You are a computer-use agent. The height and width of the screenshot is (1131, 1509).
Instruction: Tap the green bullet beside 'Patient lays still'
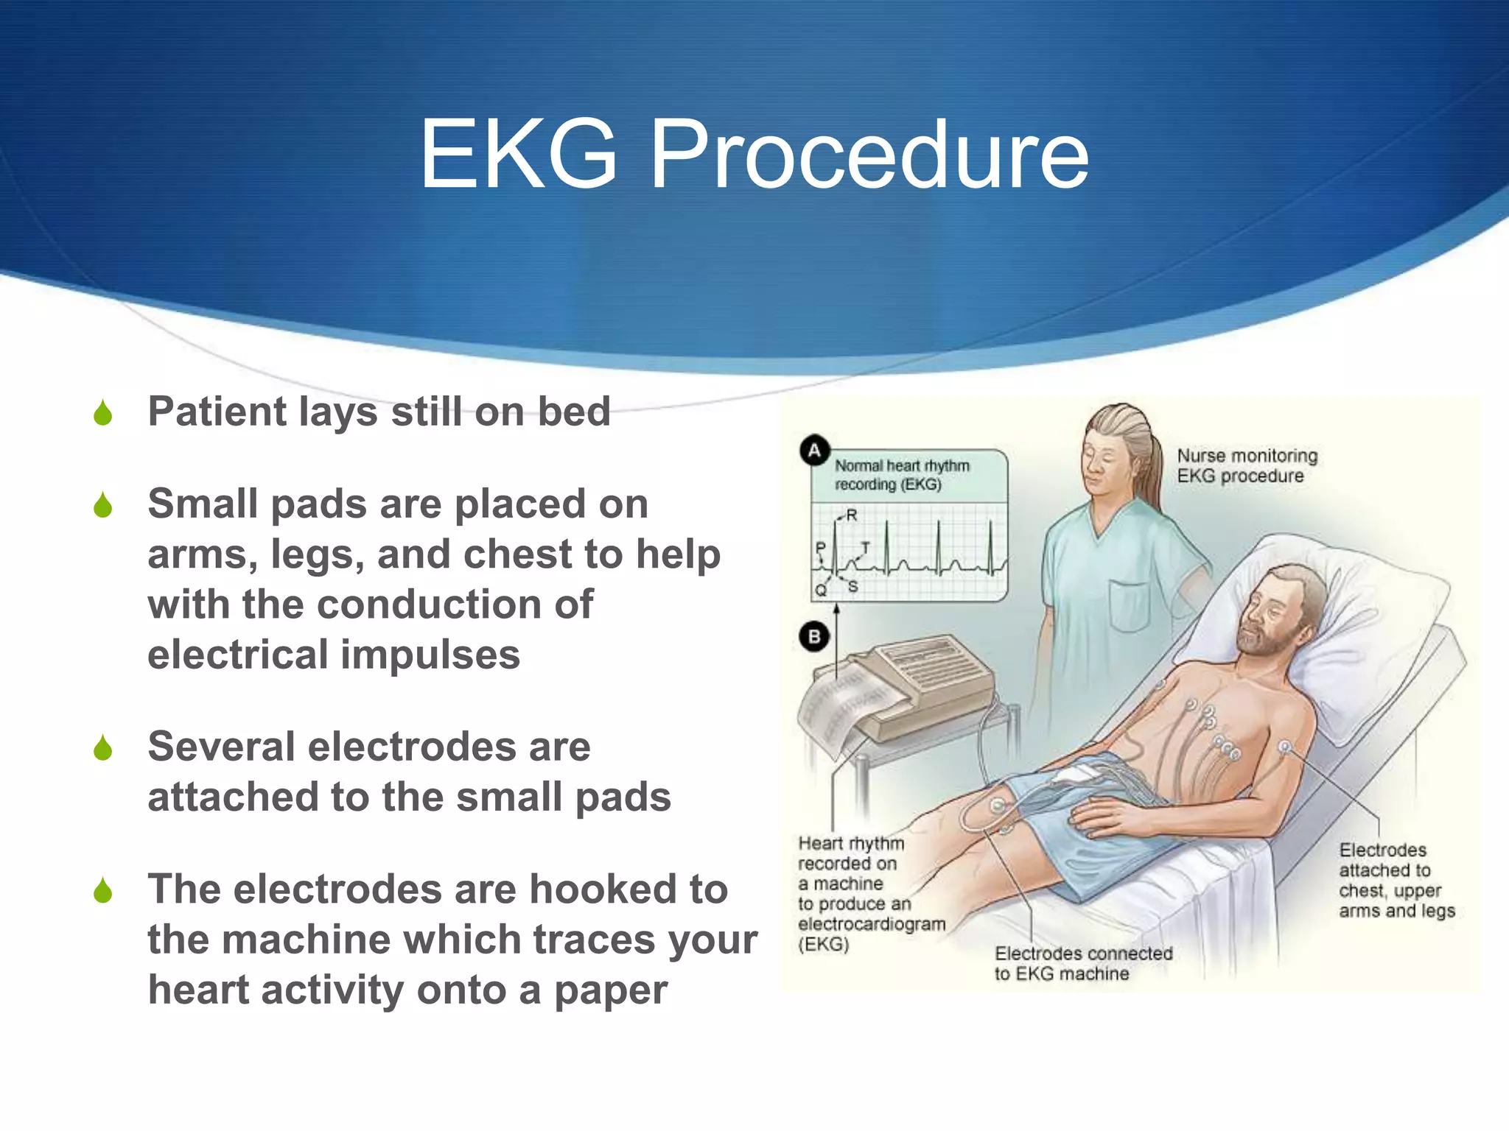click(x=103, y=413)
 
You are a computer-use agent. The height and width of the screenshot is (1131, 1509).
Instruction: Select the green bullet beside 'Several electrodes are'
click(x=103, y=748)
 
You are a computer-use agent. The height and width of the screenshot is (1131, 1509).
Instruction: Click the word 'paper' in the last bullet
click(x=610, y=990)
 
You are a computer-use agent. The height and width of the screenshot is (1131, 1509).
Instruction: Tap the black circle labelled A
click(x=814, y=450)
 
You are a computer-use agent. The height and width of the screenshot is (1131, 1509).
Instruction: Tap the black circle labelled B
click(x=814, y=637)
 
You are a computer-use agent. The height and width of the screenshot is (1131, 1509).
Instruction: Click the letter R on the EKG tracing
click(x=852, y=515)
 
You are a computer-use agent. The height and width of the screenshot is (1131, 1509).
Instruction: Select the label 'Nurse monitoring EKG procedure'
click(x=1246, y=466)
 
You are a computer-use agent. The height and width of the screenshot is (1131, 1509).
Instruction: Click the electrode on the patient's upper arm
click(x=1285, y=747)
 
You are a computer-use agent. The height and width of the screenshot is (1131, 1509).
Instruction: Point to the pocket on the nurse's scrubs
click(x=1130, y=604)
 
